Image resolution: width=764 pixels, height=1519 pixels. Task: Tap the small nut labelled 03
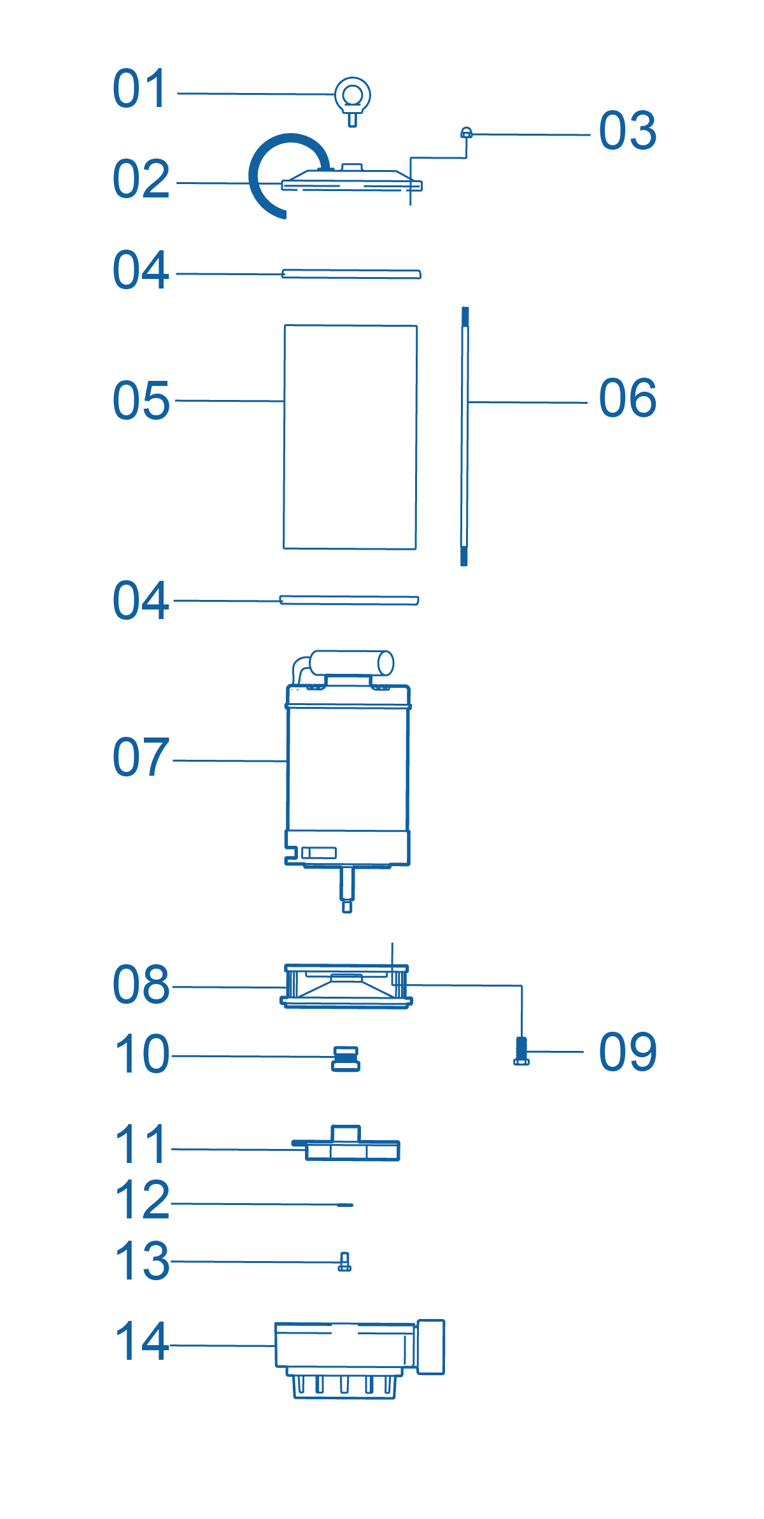(x=466, y=132)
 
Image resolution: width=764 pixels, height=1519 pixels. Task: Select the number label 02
(x=141, y=179)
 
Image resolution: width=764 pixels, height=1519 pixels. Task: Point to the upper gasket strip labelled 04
(x=351, y=274)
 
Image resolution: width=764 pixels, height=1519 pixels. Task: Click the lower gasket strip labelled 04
(x=350, y=600)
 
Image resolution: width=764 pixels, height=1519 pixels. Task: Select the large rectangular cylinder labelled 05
(x=350, y=437)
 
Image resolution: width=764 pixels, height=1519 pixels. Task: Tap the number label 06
(x=628, y=397)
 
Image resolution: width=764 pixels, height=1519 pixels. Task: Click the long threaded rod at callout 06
(x=465, y=436)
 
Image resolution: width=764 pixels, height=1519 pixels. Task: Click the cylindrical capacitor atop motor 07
(x=351, y=663)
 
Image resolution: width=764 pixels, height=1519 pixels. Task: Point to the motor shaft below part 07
(x=347, y=889)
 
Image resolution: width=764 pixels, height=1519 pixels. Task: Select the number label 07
(x=141, y=757)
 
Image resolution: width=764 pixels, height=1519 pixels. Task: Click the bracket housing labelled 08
(x=346, y=986)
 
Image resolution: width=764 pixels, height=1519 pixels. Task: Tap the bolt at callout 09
(x=521, y=1050)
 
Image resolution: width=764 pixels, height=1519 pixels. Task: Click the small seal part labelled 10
(x=346, y=1059)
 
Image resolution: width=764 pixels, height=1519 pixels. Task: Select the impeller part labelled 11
(x=346, y=1144)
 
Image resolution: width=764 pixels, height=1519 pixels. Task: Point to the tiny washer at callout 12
(x=345, y=1205)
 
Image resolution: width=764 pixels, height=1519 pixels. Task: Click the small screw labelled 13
(x=344, y=1262)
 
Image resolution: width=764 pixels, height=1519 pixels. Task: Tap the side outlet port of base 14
(x=430, y=1346)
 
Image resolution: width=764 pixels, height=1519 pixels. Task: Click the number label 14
(x=141, y=1341)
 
